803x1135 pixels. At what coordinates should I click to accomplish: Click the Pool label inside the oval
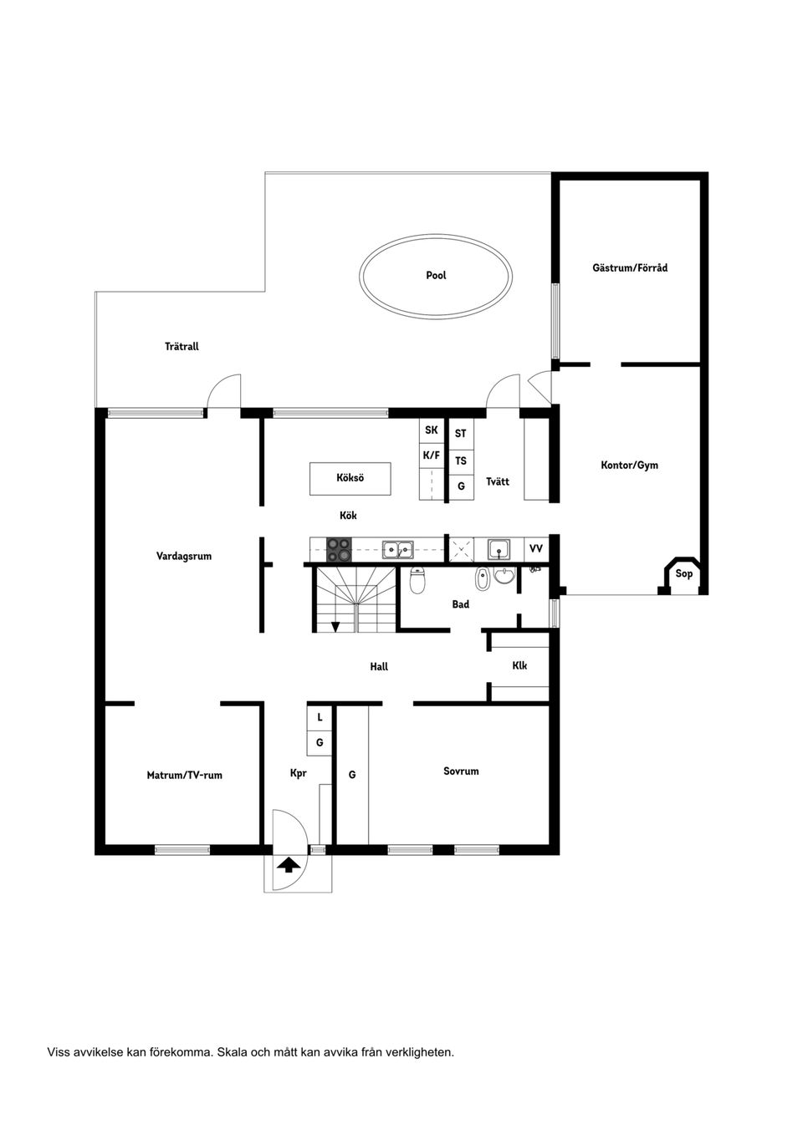pos(436,275)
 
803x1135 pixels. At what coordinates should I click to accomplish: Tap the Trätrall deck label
pos(182,346)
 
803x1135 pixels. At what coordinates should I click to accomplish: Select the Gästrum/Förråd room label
pos(630,268)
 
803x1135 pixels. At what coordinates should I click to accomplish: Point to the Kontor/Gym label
pos(629,465)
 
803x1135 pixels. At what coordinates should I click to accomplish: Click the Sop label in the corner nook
pos(684,573)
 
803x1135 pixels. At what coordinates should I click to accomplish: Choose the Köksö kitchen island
pos(350,478)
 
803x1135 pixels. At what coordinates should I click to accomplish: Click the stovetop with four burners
pos(339,549)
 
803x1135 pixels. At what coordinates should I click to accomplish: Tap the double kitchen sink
pos(397,549)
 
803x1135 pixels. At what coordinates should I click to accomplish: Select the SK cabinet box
pos(432,430)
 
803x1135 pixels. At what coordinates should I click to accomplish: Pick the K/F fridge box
pos(432,456)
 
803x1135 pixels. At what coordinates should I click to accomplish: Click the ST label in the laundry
pos(461,434)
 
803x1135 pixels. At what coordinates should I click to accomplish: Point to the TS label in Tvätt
pos(461,461)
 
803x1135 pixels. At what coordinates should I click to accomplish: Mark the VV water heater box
pos(536,549)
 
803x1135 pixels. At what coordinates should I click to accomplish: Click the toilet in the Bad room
pos(417,579)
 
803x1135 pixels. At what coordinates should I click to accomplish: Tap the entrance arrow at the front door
pos(288,865)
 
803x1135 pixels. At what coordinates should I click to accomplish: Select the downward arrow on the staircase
pos(335,626)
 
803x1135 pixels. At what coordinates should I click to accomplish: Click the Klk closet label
pos(519,666)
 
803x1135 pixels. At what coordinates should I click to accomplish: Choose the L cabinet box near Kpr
pos(320,717)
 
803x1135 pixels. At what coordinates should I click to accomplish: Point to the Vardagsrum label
pos(184,556)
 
